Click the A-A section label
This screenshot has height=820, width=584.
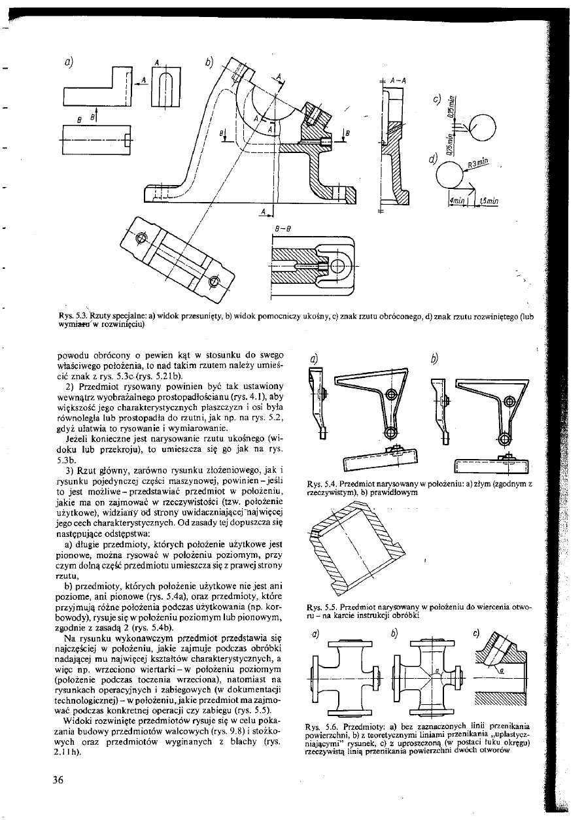(396, 80)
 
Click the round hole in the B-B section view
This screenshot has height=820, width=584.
(339, 265)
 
